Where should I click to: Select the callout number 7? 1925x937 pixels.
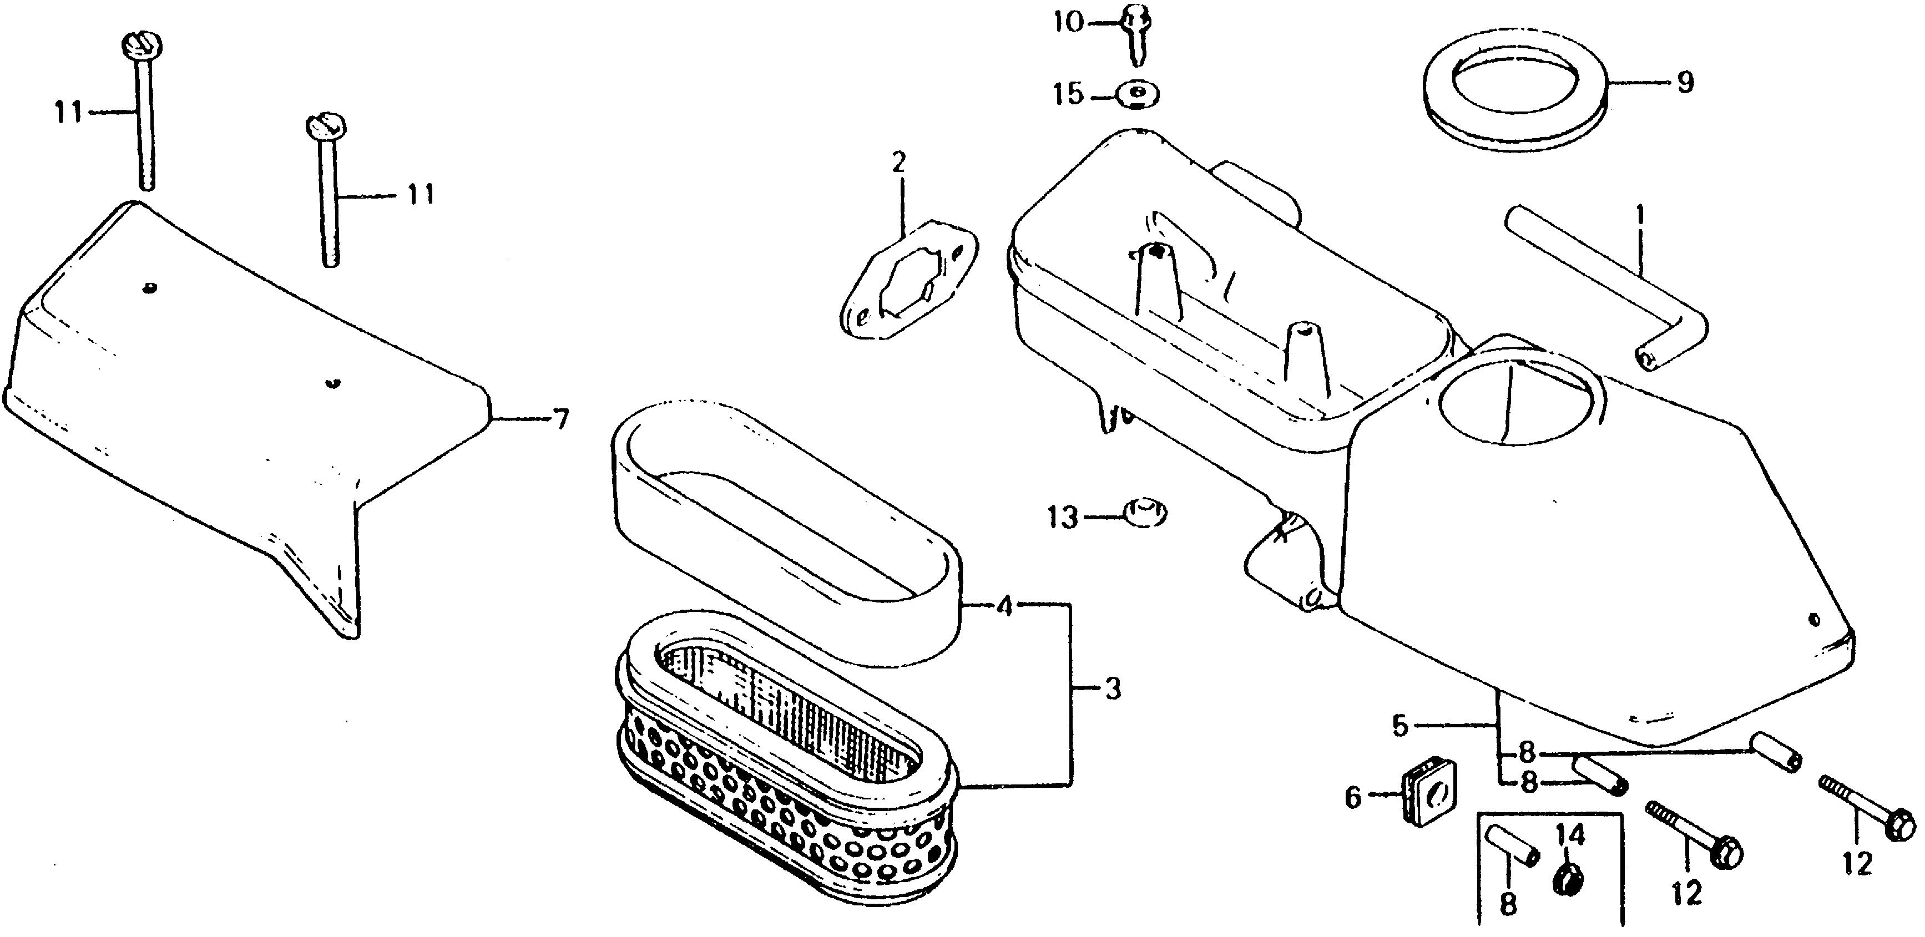pyautogui.click(x=561, y=420)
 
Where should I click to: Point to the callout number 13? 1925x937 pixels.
pyautogui.click(x=1063, y=517)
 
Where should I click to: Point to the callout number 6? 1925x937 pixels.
pyautogui.click(x=1353, y=798)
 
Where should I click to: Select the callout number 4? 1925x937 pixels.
pyautogui.click(x=1005, y=607)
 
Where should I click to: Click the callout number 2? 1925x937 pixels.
pyautogui.click(x=898, y=161)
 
